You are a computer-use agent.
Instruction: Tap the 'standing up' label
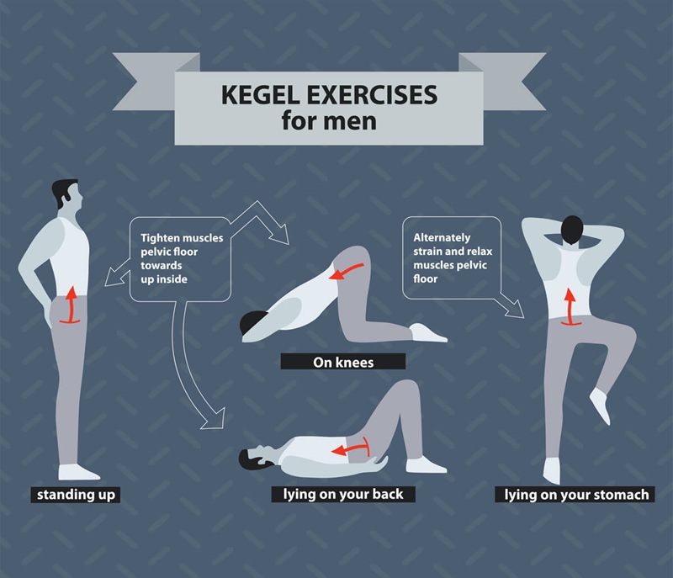point(75,495)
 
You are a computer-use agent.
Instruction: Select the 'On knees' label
point(342,361)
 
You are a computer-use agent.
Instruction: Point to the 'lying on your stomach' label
point(576,495)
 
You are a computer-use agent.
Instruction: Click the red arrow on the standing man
point(72,305)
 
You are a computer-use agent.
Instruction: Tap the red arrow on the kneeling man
point(347,271)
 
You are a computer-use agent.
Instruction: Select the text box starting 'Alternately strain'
point(453,257)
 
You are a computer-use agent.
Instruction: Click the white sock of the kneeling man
point(428,333)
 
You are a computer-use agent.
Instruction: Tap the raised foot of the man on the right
point(601,407)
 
